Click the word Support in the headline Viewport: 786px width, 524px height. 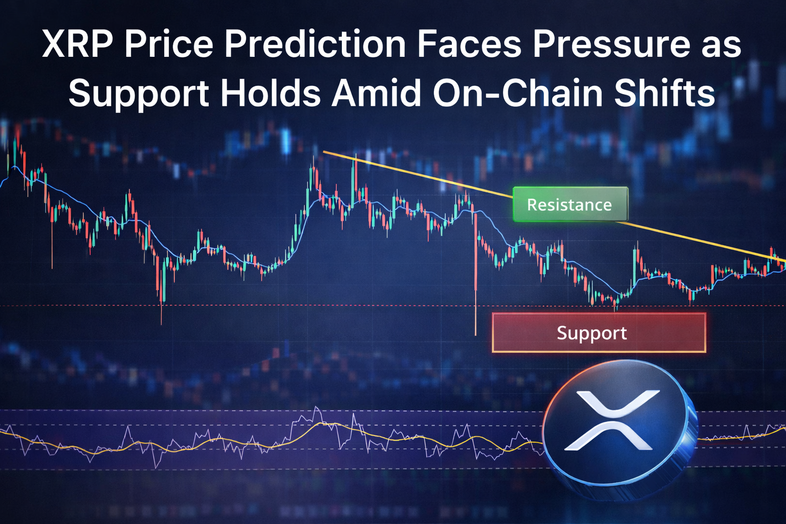tap(139, 93)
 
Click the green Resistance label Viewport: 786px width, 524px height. tap(570, 205)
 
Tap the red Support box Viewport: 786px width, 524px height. tap(599, 333)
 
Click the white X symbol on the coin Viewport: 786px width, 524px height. tap(612, 420)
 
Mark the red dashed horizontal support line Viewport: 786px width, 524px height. tap(307, 306)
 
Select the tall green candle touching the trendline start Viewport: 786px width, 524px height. tap(354, 179)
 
